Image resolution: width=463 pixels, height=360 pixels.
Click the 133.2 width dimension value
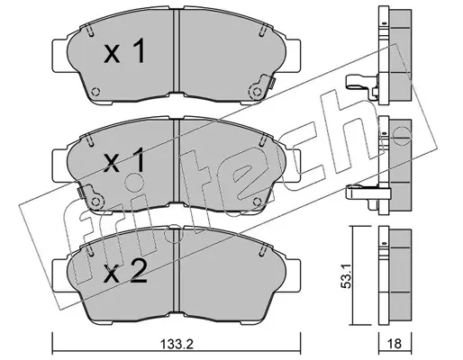click(x=177, y=345)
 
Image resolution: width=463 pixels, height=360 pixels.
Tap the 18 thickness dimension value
click(x=395, y=344)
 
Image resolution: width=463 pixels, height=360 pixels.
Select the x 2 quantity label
click(x=125, y=272)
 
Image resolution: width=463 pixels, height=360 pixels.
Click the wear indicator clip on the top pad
click(x=260, y=87)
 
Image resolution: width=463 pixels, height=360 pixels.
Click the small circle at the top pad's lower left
click(x=95, y=92)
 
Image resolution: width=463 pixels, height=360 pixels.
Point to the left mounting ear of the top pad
click(x=60, y=56)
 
